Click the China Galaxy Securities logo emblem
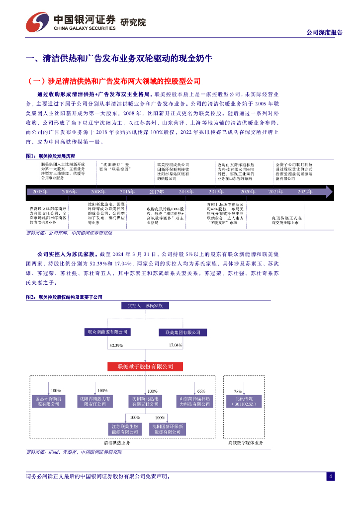[37, 22]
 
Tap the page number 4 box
[330, 476]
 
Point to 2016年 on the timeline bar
[127, 191]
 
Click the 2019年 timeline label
[216, 191]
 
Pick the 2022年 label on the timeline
[305, 191]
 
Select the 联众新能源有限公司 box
[107, 332]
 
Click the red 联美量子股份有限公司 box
[145, 367]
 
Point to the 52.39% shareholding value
[116, 344]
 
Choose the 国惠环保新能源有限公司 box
[48, 401]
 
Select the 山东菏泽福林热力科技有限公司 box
[194, 401]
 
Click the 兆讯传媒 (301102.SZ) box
[244, 401]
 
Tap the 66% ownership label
[201, 391]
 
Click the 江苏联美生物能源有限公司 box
[124, 429]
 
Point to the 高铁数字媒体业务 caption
[245, 442]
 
